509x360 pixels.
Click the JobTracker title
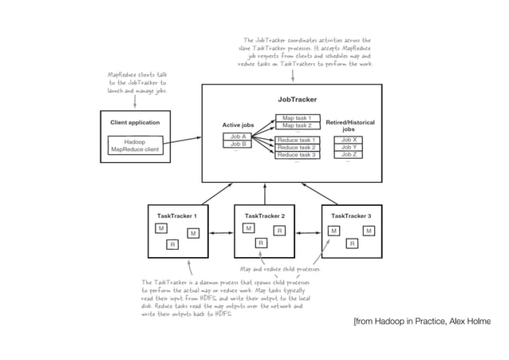coord(297,100)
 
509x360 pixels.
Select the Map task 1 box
coord(297,118)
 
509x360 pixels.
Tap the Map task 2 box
coord(297,126)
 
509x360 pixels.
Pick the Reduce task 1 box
coord(297,140)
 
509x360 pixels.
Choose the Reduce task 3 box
coord(297,155)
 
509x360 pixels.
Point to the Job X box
coord(348,140)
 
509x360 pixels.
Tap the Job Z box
coord(348,155)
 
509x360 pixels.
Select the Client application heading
coord(134,123)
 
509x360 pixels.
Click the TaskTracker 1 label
coord(176,216)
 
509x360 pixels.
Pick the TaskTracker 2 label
coord(264,216)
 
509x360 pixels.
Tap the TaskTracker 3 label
coord(351,216)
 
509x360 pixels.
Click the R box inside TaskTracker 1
coord(172,245)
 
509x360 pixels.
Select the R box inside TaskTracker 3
coord(349,244)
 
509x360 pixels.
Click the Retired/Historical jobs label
coord(349,125)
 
